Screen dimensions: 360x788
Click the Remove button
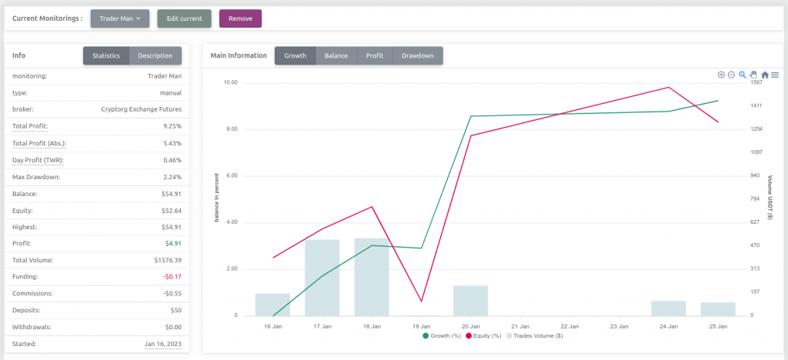(240, 18)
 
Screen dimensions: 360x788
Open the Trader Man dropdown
(119, 18)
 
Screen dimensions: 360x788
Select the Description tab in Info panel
(155, 55)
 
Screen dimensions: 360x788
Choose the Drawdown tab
(418, 55)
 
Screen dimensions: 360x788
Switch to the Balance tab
(336, 55)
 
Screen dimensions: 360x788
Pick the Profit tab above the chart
(375, 55)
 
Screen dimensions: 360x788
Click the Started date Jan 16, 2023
(163, 344)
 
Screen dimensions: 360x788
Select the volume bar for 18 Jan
(372, 277)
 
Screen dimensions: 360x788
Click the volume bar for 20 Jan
(470, 301)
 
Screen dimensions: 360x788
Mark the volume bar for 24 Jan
(668, 308)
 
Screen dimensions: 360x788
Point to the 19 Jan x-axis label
(421, 326)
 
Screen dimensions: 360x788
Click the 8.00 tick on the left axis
(230, 129)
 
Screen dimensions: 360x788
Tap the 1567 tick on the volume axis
(756, 82)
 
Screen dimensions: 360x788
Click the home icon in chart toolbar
(765, 75)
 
